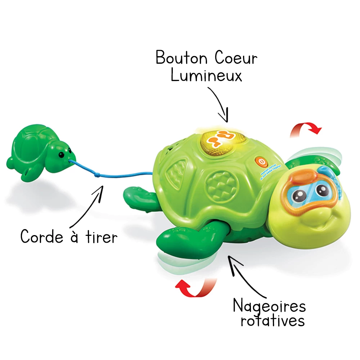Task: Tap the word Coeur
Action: coord(235,58)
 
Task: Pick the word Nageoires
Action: coord(269,306)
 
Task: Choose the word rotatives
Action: coord(273,320)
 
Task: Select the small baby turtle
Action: coord(36,155)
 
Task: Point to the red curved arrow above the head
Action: coord(306,129)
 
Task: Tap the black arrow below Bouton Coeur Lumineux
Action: coord(220,103)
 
